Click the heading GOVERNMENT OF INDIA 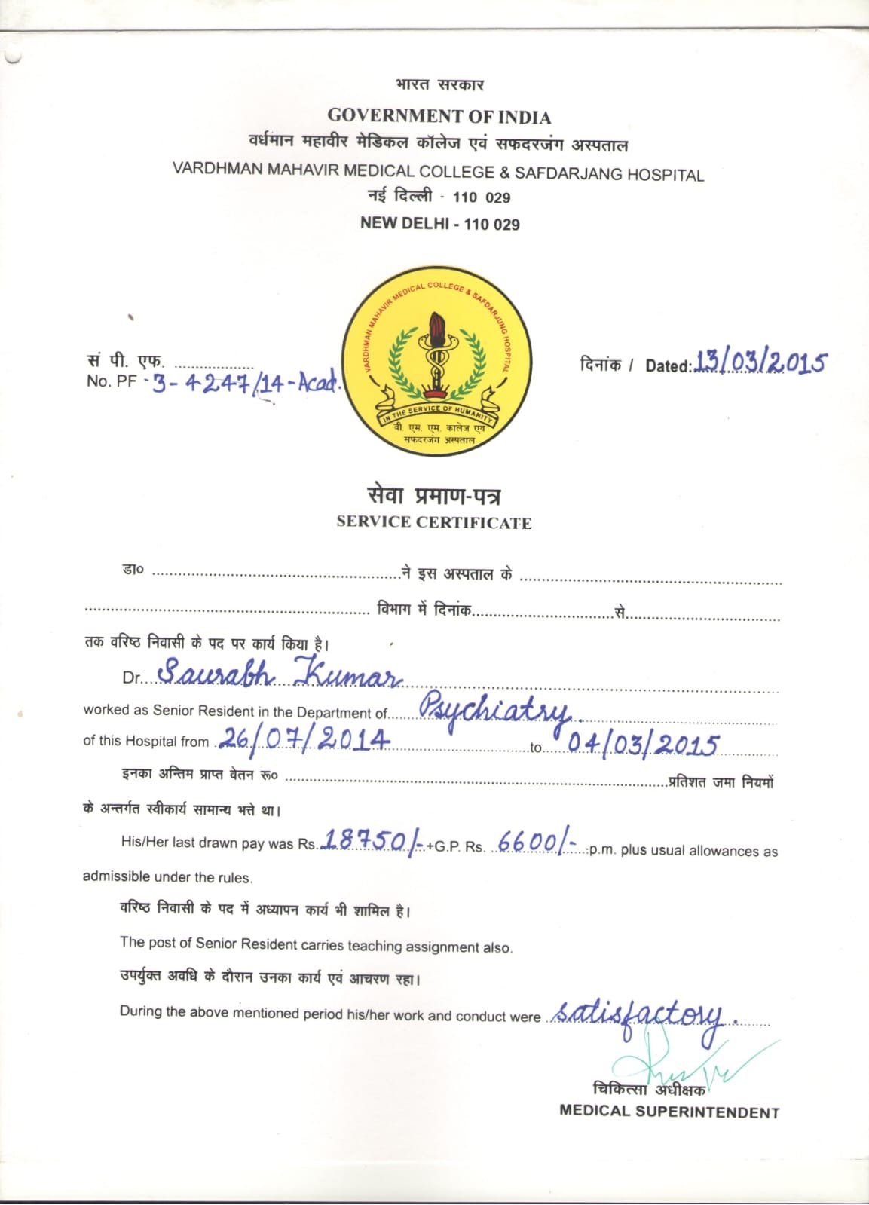point(439,116)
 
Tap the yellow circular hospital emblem point(436,365)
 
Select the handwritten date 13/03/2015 point(760,362)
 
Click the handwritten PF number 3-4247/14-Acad point(246,384)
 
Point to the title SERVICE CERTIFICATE point(434,522)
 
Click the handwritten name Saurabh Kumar point(279,672)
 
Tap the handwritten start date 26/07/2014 point(304,739)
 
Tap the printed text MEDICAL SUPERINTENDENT point(669,1112)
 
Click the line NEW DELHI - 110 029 point(439,223)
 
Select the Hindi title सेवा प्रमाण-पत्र point(434,495)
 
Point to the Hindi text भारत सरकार point(439,84)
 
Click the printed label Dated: point(668,366)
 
